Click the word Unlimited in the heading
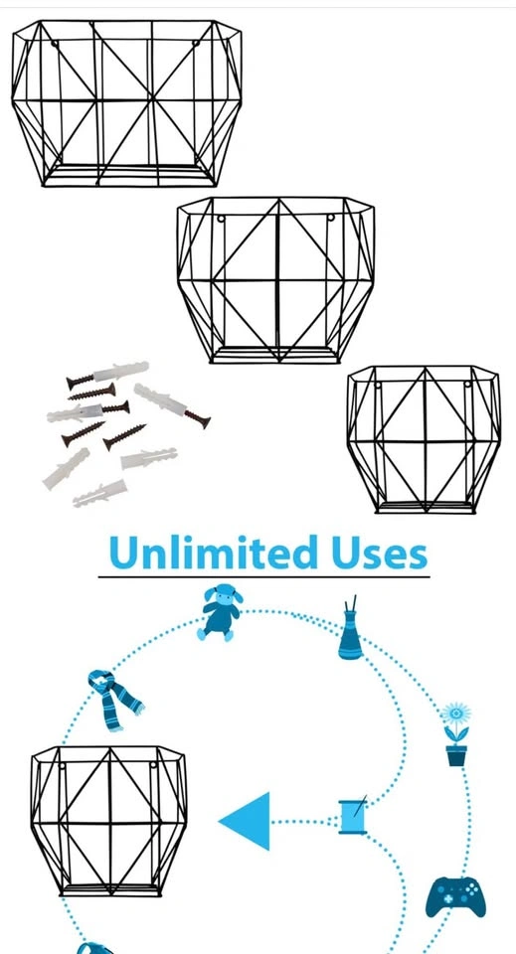click(x=213, y=552)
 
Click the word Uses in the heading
click(x=379, y=553)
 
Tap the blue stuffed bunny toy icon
click(x=220, y=612)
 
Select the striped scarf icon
click(x=114, y=699)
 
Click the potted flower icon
click(x=456, y=734)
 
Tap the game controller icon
click(x=455, y=896)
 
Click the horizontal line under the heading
click(x=264, y=576)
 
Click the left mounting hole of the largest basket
click(x=54, y=44)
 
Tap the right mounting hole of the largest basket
click(x=196, y=43)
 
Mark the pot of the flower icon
click(x=456, y=755)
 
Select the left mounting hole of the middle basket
click(x=221, y=219)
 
